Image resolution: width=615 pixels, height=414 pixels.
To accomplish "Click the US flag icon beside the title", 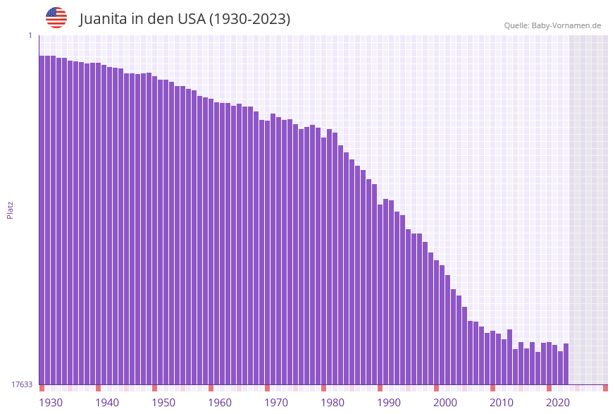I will coord(56,18).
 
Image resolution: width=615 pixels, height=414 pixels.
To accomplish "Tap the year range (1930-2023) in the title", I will coord(251,19).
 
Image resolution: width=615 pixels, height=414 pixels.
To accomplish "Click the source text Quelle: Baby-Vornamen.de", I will coord(552,25).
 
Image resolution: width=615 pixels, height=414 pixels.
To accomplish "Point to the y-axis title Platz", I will coord(11,209).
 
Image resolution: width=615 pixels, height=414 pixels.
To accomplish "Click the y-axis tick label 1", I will coord(30,35).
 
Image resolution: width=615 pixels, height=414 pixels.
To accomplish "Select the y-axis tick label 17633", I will coord(22,384).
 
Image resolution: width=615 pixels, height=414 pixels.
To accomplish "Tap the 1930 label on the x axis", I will coord(50,403).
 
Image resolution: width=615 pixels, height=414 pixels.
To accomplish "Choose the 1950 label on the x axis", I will coord(163,403).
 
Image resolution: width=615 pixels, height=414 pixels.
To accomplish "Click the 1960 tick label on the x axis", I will coord(219,403).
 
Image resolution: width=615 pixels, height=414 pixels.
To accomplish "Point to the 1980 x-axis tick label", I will coord(332,403).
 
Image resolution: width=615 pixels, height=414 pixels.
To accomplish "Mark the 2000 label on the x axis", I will coord(445,403).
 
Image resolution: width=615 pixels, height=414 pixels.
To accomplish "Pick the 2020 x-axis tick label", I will coord(557,403).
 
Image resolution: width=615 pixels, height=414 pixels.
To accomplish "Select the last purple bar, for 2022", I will coord(566,364).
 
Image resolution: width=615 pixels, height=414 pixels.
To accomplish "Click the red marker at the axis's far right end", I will coord(605,388).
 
